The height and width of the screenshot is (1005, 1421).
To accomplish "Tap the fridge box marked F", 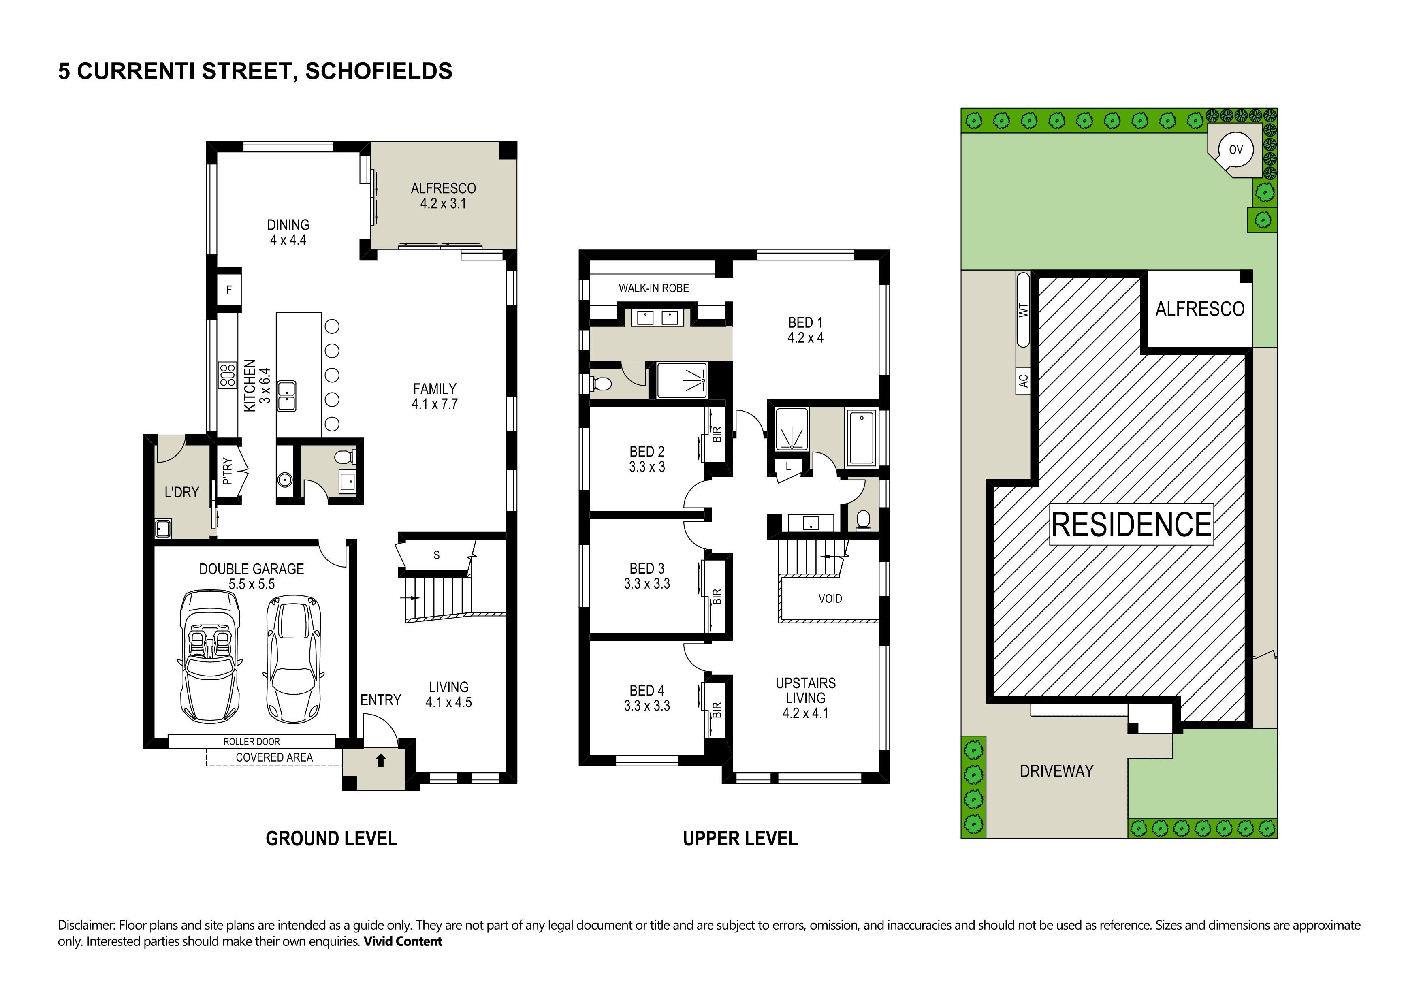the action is pyautogui.click(x=228, y=289).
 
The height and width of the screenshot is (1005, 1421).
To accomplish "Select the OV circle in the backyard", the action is pyautogui.click(x=1235, y=150).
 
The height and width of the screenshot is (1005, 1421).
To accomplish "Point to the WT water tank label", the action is pyautogui.click(x=1023, y=309).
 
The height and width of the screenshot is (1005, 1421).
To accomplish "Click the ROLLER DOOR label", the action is pyautogui.click(x=251, y=741).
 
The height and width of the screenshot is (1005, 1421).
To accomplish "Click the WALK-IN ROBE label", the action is pyautogui.click(x=653, y=288).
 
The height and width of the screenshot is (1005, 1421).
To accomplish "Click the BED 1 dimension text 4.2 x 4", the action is pyautogui.click(x=805, y=338).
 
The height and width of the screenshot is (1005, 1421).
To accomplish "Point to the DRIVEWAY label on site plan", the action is pyautogui.click(x=1056, y=771).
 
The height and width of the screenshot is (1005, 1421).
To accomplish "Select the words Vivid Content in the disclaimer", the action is pyautogui.click(x=403, y=942).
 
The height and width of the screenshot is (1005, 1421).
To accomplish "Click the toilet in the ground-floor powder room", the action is pyautogui.click(x=345, y=457).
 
